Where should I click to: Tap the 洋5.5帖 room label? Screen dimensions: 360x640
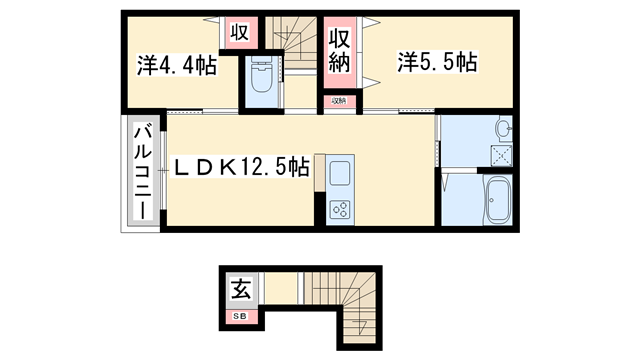(x=436, y=63)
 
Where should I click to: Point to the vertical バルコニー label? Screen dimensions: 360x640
(x=142, y=173)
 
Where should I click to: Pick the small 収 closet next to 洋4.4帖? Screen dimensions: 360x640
(x=239, y=32)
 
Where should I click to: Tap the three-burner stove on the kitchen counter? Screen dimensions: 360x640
(x=340, y=208)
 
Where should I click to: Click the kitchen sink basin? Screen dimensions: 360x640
(x=338, y=170)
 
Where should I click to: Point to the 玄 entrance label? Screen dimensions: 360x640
(x=242, y=291)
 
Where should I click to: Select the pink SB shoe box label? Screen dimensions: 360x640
(x=242, y=316)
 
